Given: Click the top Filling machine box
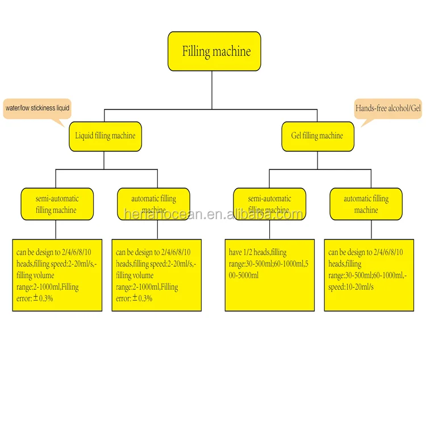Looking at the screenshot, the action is [x=214, y=51].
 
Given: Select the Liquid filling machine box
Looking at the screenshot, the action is [x=106, y=136].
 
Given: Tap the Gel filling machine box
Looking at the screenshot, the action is [x=318, y=136].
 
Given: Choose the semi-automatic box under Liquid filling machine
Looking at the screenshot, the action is [x=57, y=204].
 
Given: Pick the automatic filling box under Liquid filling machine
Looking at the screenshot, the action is [x=153, y=204].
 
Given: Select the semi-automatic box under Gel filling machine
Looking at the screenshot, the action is [x=269, y=204].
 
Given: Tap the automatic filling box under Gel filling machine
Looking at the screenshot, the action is [x=366, y=204].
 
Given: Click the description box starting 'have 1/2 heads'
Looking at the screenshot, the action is [x=270, y=275].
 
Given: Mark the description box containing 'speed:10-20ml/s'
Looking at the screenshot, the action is [x=369, y=275].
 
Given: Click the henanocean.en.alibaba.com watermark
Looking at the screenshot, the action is [x=213, y=214].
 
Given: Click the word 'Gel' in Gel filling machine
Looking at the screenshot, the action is [x=296, y=135].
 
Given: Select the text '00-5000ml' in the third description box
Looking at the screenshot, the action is [x=244, y=275].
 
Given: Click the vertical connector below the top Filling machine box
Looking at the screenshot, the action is [x=212, y=90].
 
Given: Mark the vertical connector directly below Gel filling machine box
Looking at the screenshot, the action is [x=318, y=161].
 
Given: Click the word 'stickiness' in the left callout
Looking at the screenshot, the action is [x=43, y=108].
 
